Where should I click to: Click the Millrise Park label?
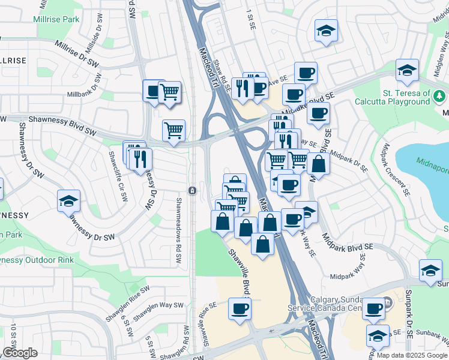click(57, 19)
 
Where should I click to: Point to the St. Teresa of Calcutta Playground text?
click(406, 98)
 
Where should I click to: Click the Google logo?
click(19, 353)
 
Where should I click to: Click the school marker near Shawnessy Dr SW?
click(68, 201)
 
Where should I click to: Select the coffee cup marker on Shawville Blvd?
click(240, 308)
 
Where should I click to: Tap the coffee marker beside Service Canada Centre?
click(373, 308)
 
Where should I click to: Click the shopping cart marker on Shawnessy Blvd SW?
click(173, 130)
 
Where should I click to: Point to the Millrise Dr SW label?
click(76, 53)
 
